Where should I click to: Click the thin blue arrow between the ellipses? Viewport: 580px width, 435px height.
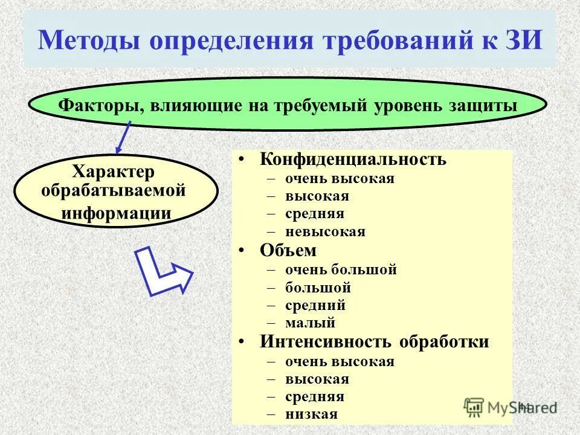pos(123,137)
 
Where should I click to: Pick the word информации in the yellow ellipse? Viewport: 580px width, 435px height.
pos(115,213)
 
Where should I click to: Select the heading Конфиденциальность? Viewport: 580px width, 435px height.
pos(353,159)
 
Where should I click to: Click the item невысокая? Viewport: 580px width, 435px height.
pos(326,232)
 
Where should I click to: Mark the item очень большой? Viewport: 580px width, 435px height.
pos(341,269)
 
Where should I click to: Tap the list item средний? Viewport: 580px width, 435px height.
pos(315,306)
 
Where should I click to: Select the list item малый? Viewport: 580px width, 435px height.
pos(311,323)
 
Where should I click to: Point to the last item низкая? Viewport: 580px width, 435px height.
pos(312,414)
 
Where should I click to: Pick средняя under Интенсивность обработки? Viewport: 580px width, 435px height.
pos(315,397)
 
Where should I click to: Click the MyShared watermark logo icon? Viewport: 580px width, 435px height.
pos(474,407)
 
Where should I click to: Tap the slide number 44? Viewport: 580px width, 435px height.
pos(524,407)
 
